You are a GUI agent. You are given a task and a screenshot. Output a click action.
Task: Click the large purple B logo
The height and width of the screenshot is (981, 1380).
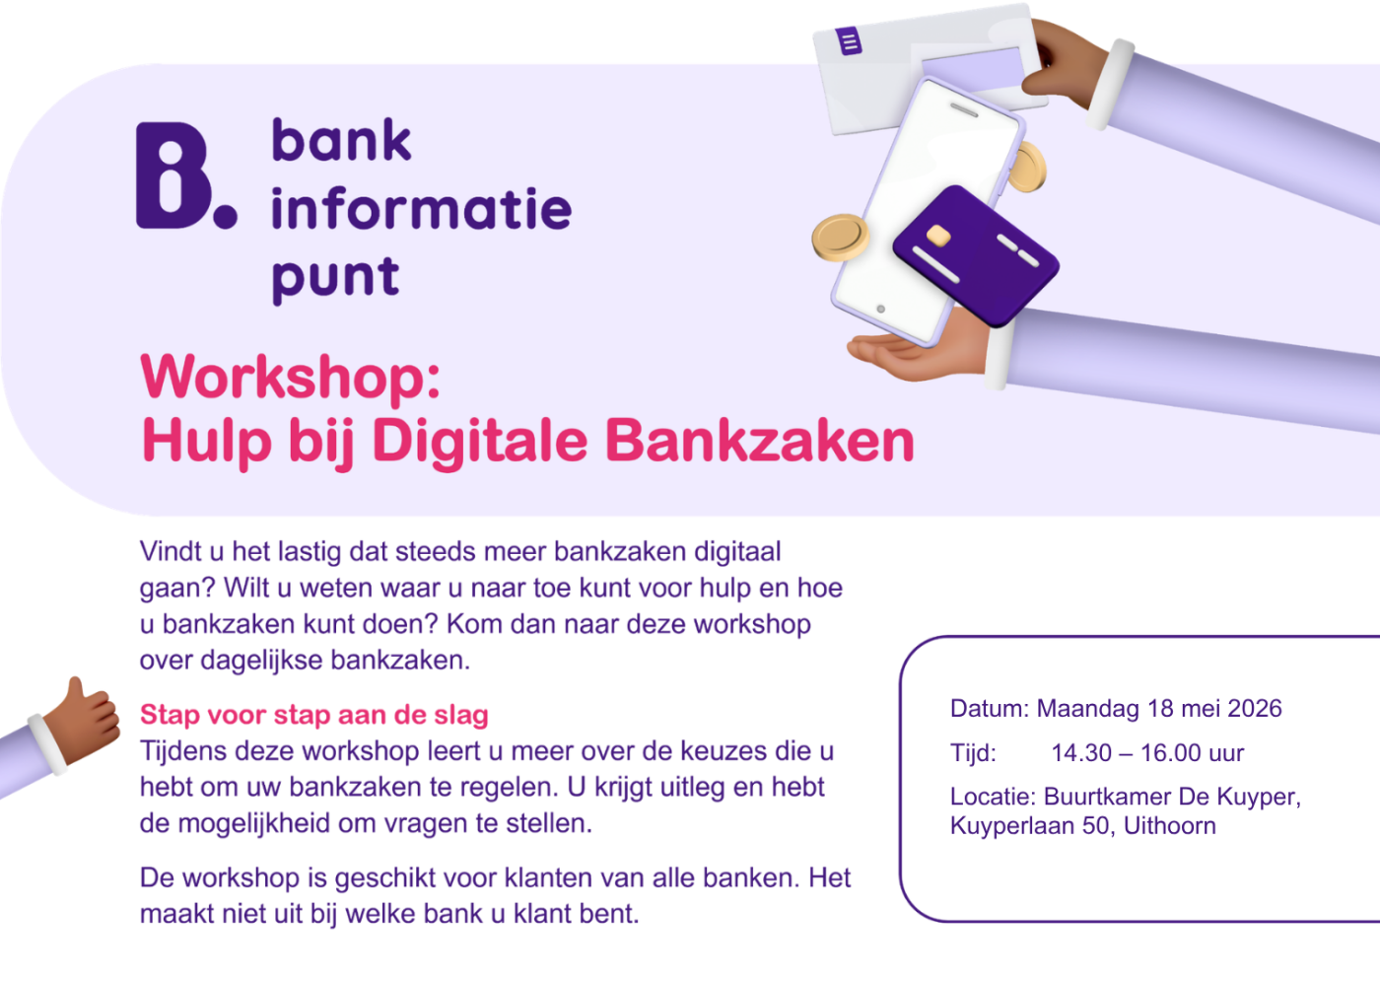point(173,175)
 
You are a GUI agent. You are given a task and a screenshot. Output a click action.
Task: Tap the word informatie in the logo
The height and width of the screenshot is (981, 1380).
point(421,208)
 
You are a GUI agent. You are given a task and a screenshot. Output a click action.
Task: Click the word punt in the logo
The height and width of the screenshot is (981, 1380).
point(335,278)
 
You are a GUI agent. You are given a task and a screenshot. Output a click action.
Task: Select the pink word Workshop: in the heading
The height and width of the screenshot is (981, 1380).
point(291,377)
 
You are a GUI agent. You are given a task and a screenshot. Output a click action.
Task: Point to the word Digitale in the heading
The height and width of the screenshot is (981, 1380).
point(483,441)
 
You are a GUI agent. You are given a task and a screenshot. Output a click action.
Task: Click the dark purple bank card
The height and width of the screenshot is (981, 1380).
point(975,255)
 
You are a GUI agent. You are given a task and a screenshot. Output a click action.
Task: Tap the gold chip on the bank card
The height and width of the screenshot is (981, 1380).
point(938,236)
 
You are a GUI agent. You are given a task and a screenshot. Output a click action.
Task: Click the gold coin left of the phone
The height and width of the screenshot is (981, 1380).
point(840,238)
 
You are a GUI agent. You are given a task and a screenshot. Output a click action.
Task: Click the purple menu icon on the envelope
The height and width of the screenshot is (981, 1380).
point(849,41)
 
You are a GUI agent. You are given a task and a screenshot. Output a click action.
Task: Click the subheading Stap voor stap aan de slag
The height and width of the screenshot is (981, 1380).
point(314,715)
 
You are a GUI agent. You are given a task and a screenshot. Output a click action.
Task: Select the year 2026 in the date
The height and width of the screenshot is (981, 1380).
point(1255,709)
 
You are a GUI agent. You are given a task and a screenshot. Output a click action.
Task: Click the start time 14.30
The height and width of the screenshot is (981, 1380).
point(1081,753)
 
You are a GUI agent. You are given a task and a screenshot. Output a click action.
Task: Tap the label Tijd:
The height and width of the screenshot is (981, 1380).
point(973,753)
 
